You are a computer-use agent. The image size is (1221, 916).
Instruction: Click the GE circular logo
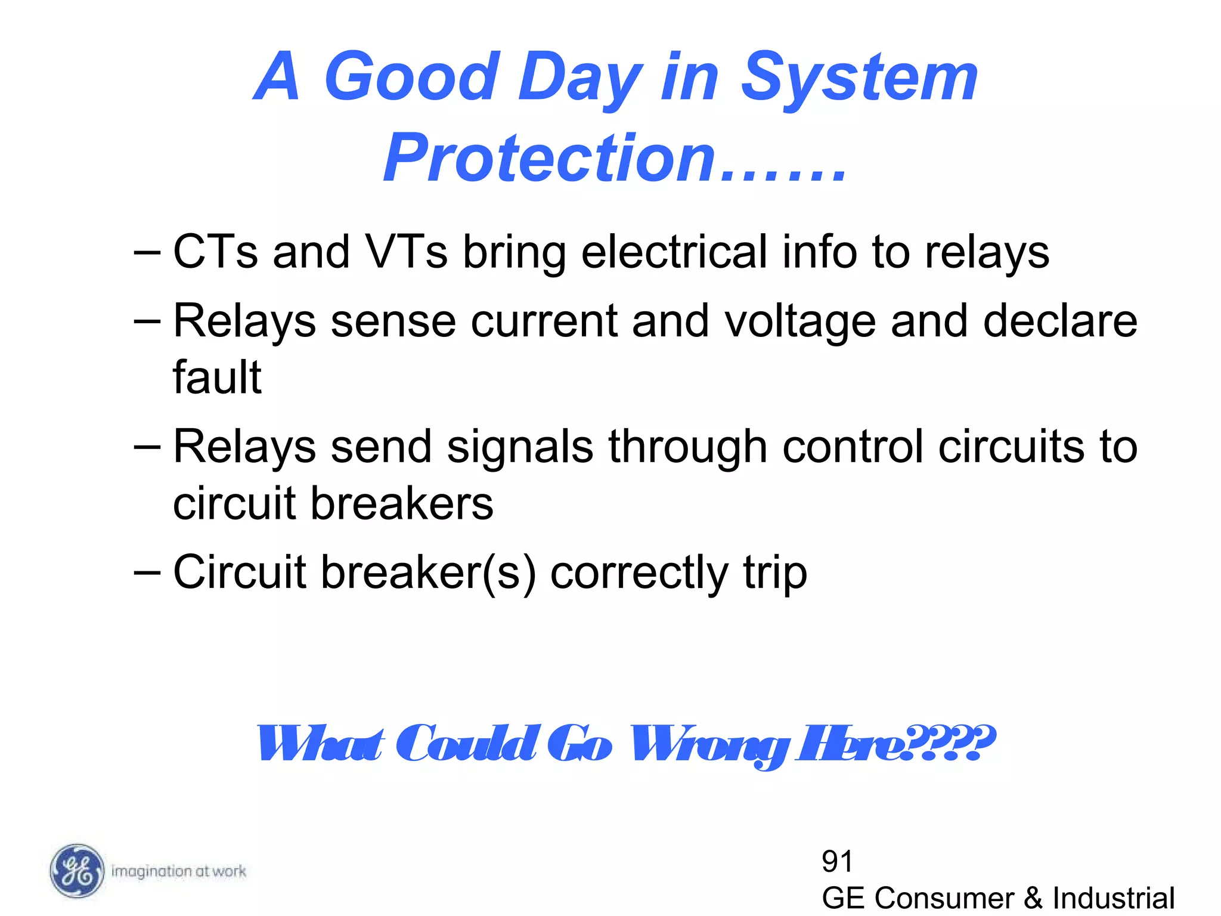[76, 871]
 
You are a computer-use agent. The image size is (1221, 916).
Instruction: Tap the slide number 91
[837, 861]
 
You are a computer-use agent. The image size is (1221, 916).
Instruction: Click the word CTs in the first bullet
[215, 252]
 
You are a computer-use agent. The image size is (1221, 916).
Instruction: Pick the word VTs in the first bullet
[405, 252]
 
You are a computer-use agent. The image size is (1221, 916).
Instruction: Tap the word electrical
[674, 252]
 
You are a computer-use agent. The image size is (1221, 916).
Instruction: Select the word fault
[217, 377]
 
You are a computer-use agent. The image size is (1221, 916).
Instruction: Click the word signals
[520, 447]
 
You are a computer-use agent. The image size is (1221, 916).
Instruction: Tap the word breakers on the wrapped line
[402, 504]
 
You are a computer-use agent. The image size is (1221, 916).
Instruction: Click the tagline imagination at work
[178, 871]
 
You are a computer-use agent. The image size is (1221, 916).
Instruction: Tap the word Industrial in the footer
[1113, 898]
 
